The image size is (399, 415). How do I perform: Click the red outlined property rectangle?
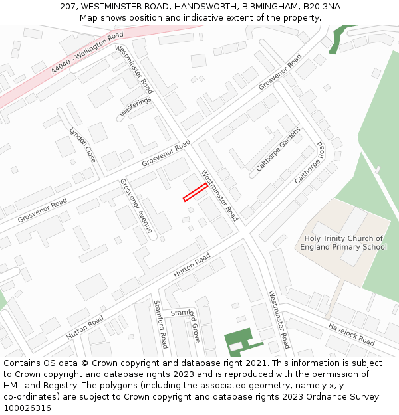[x=195, y=192]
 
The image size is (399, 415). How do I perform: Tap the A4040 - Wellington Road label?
[x=88, y=52]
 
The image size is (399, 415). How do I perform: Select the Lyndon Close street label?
[x=82, y=145]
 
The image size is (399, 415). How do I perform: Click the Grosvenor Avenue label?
[x=136, y=206]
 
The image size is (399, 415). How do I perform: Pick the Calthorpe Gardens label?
[x=279, y=149]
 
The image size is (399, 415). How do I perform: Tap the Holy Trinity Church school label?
[x=343, y=243]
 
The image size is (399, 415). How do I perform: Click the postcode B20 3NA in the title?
[x=322, y=7]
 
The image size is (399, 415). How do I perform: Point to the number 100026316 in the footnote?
[x=28, y=408]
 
